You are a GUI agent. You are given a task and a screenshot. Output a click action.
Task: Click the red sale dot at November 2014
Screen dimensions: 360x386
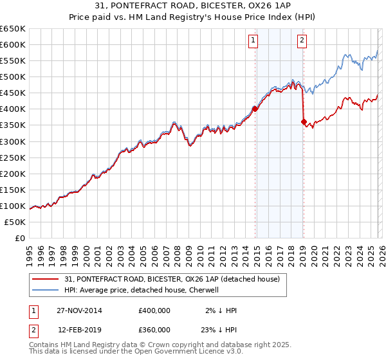point(255,109)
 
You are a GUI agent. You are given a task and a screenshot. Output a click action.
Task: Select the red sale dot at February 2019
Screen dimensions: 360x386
point(303,122)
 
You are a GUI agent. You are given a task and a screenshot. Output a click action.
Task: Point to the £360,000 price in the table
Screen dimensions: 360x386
point(154,330)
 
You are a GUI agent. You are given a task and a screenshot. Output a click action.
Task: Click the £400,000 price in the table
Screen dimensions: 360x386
point(154,310)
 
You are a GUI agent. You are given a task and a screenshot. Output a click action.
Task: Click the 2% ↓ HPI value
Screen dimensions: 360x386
point(222,310)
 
